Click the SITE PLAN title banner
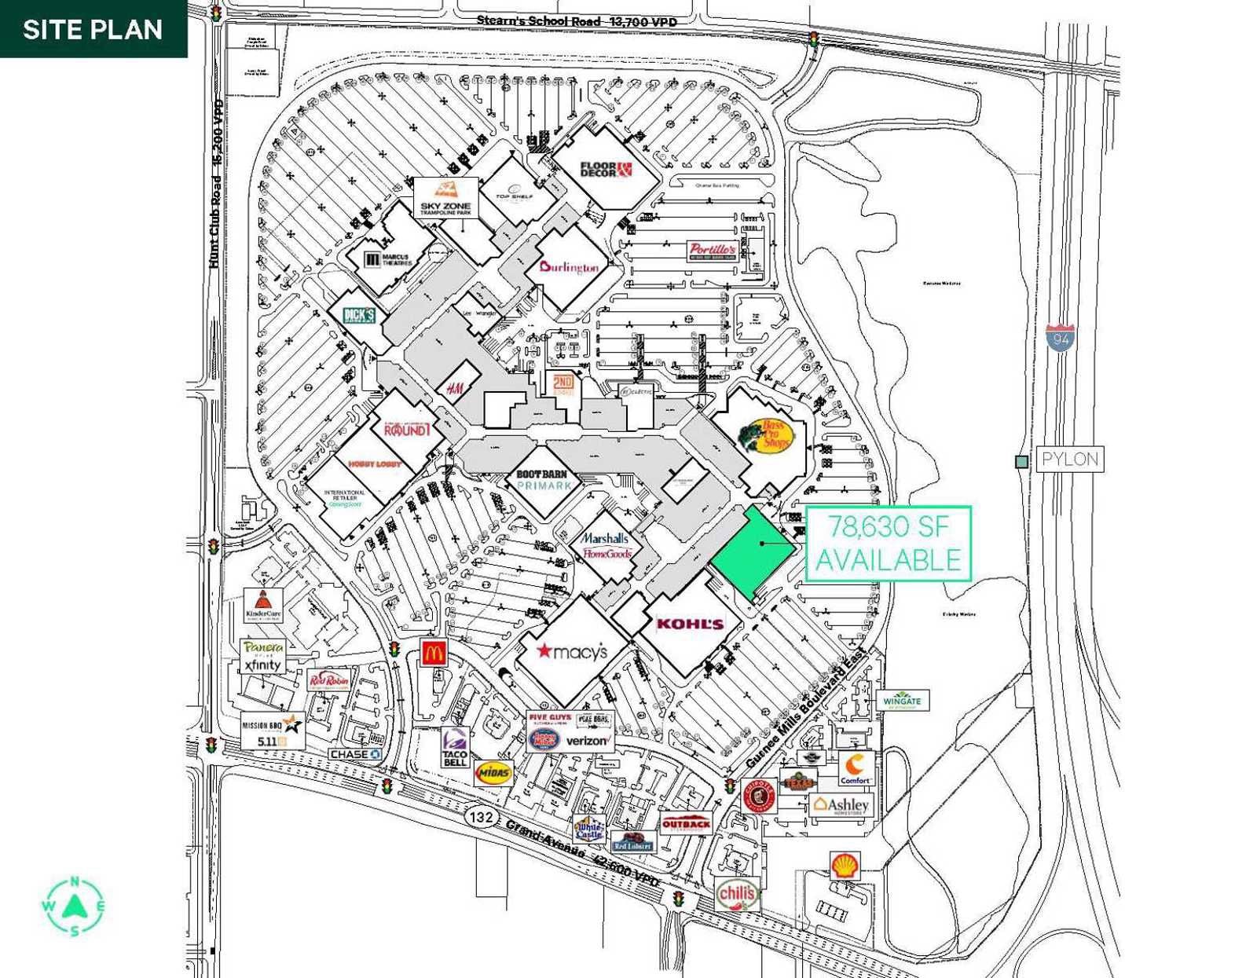(93, 29)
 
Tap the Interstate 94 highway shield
(1061, 338)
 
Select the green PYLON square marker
(1021, 462)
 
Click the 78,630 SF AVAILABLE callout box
(889, 544)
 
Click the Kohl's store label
(689, 624)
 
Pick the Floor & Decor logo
(606, 170)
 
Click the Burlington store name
(569, 267)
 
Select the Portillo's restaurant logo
(713, 251)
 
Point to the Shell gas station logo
(845, 866)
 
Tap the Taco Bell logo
(455, 746)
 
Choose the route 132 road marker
(481, 817)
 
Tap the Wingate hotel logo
(902, 700)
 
